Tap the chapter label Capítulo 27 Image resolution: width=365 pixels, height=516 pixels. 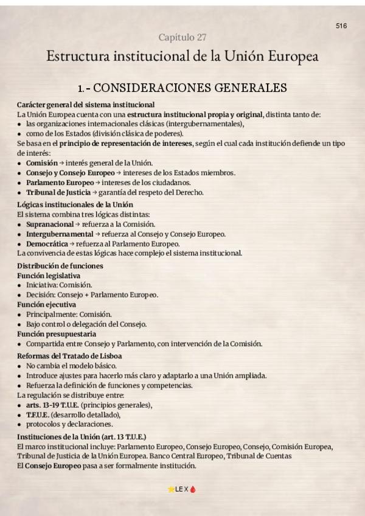pyautogui.click(x=182, y=38)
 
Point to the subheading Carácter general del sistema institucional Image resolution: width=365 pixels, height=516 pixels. pyautogui.click(x=86, y=105)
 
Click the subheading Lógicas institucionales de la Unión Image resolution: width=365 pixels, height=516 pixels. pyautogui.click(x=75, y=204)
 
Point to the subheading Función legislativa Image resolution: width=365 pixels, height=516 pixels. pyautogui.click(x=49, y=275)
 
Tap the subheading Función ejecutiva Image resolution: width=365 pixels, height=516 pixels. pyautogui.click(x=47, y=304)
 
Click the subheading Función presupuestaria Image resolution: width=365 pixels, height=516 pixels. pyautogui.click(x=56, y=334)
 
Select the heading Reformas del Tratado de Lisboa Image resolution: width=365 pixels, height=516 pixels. pyautogui.click(x=69, y=356)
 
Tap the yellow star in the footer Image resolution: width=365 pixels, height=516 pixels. pyautogui.click(x=170, y=489)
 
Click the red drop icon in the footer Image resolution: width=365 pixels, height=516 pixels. pyautogui.click(x=193, y=489)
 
